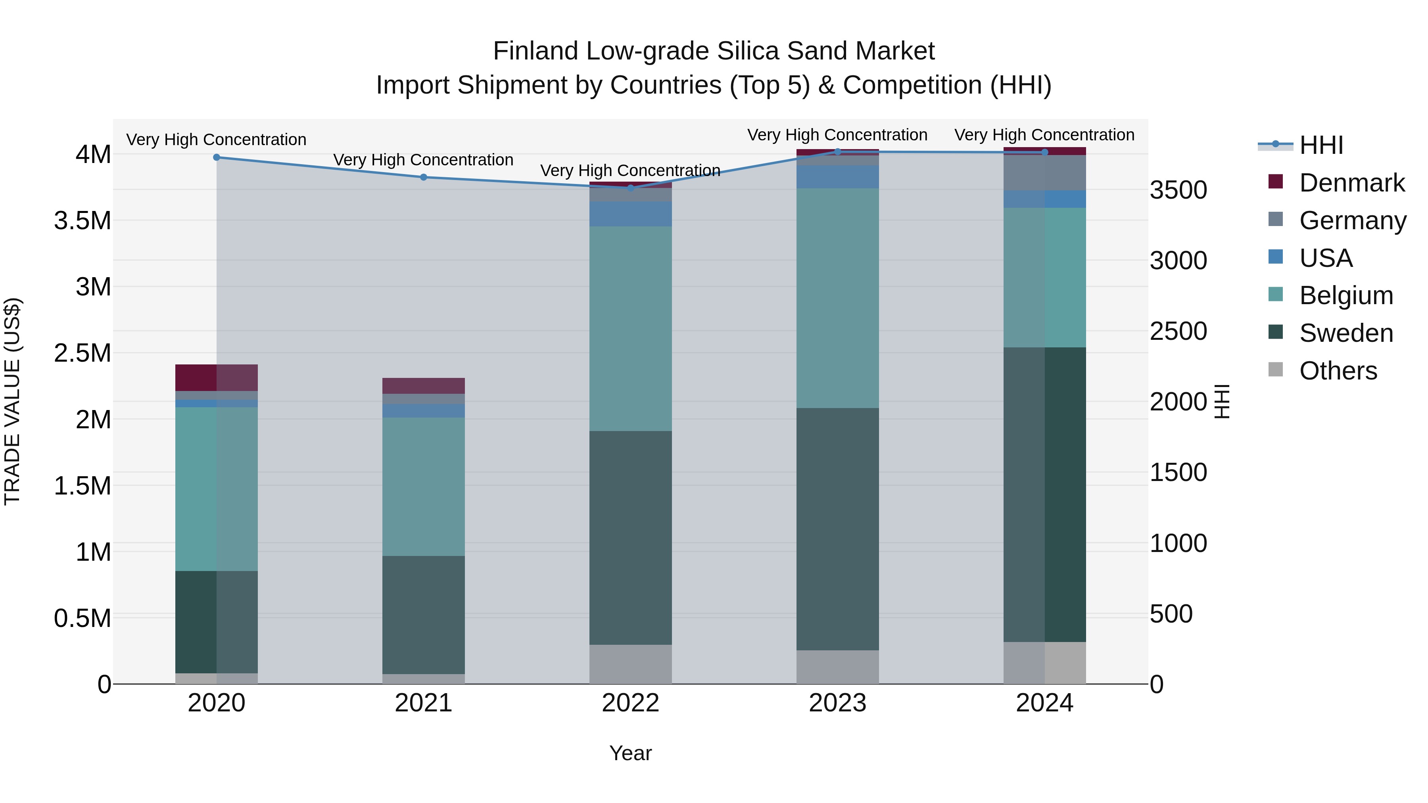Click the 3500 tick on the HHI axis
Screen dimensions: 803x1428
tap(1178, 190)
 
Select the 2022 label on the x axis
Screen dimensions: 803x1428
tap(630, 703)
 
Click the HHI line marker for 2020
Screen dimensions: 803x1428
tap(217, 157)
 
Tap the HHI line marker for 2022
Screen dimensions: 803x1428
tap(630, 188)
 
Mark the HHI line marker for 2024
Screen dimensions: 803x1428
tap(1044, 152)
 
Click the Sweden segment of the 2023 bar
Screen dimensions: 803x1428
tap(838, 529)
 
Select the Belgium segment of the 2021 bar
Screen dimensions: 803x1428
tap(424, 487)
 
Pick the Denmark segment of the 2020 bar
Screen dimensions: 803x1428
tap(217, 378)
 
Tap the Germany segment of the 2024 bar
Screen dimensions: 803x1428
tap(1044, 173)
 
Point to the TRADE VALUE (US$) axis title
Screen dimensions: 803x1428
tap(13, 401)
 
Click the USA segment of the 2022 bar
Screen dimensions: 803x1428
tap(630, 214)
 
